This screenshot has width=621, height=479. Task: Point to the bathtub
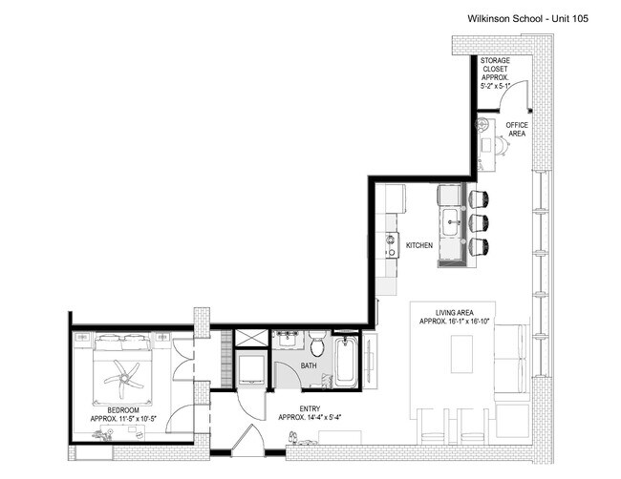345,363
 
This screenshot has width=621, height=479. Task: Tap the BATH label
308,364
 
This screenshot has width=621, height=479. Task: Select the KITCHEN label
418,246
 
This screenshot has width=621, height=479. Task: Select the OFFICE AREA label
516,130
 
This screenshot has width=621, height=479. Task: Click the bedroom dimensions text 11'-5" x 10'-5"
132,418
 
